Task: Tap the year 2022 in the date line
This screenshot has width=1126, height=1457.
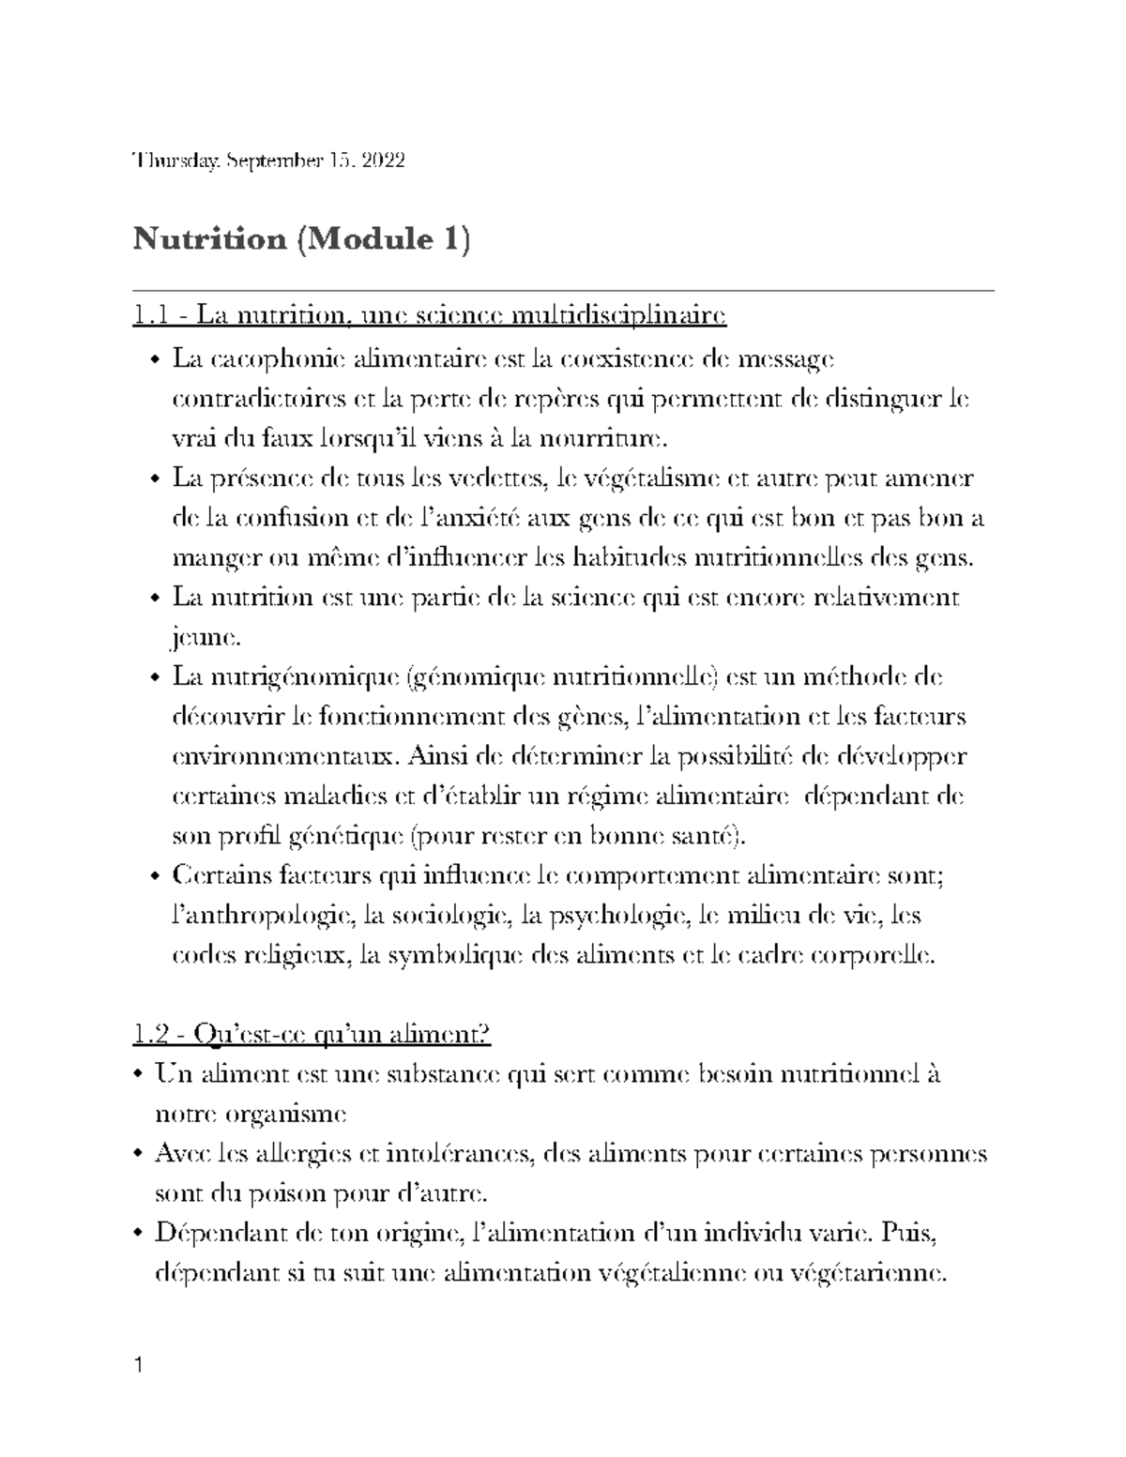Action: [383, 160]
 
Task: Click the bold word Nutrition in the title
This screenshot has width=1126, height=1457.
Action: [209, 240]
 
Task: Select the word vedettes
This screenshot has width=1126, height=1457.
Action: [502, 478]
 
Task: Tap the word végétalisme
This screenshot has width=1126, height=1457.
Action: [644, 478]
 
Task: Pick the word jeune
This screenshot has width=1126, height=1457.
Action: [205, 638]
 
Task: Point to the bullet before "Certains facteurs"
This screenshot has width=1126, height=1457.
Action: [156, 877]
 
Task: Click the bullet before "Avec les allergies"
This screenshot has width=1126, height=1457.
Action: [139, 1154]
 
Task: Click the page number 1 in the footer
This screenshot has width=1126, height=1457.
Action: [139, 1364]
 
